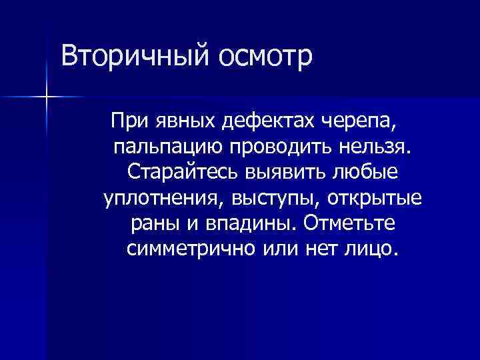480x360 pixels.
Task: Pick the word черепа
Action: (364, 121)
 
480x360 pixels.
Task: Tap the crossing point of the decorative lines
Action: (46, 97)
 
